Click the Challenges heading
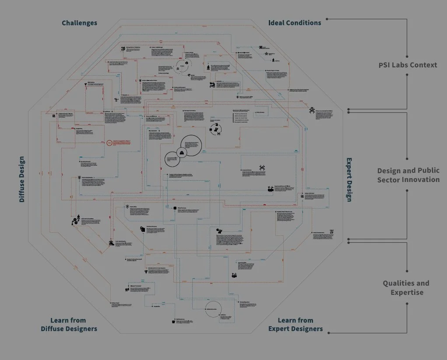pos(79,23)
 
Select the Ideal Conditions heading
pos(295,23)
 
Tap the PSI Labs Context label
pos(408,65)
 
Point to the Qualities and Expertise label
pos(406,288)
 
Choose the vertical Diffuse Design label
pos(22,179)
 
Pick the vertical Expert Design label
pos(349,179)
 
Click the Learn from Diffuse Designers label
pos(69,325)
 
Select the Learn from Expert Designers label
pos(296,325)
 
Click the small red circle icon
pos(109,143)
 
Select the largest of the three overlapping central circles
pos(191,145)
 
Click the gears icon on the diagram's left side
pos(75,222)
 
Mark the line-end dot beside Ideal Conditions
pos(327,19)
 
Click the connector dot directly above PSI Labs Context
pos(408,56)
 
